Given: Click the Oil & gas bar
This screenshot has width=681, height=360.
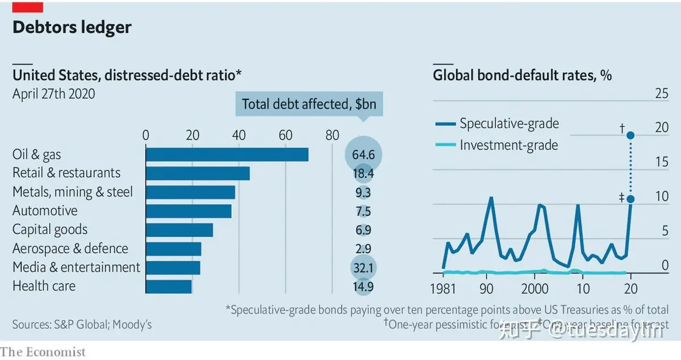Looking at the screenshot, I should [x=227, y=154].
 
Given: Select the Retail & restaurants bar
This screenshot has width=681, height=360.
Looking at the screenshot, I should [x=197, y=173].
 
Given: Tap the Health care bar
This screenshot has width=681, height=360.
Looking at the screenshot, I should [x=169, y=286].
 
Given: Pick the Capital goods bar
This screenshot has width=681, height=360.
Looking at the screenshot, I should [x=179, y=230].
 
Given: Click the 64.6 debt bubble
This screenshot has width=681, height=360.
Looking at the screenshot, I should [x=363, y=154].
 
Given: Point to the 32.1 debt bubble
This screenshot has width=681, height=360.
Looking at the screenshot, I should [x=363, y=267].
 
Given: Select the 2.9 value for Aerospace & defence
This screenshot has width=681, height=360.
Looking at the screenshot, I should [x=363, y=249].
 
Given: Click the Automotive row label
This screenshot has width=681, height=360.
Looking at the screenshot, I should [x=45, y=211].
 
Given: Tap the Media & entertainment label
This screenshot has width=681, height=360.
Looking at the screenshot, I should [x=76, y=267].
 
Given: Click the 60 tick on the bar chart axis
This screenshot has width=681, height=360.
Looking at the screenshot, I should [x=285, y=135].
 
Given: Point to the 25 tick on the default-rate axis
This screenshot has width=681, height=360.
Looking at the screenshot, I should [x=661, y=93].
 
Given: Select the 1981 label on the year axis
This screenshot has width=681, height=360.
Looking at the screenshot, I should [x=443, y=288].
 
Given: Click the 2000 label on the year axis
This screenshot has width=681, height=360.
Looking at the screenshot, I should [x=534, y=288].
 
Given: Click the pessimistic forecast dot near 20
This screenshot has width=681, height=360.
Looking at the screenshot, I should [x=630, y=135].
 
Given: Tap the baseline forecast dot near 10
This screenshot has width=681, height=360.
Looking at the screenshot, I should [x=630, y=199].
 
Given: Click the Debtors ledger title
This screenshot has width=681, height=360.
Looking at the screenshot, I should [x=72, y=27].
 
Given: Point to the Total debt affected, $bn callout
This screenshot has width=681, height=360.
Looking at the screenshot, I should [x=309, y=104].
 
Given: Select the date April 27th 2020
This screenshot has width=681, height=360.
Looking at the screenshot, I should [x=54, y=94].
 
